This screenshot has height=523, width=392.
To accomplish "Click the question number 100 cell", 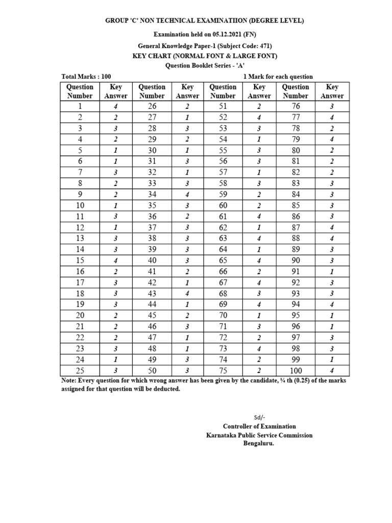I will click(296, 371).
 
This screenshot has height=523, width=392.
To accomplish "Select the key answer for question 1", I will click(115, 107).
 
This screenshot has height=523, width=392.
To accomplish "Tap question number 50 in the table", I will click(152, 371).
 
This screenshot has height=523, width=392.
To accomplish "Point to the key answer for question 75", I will click(259, 371).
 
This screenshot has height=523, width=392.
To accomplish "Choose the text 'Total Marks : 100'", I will click(86, 77).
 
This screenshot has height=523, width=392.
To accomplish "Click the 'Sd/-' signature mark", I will click(259, 417).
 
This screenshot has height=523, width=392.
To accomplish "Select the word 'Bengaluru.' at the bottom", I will click(259, 443).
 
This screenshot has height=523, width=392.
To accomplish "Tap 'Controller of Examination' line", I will click(259, 426).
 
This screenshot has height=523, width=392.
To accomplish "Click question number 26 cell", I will click(152, 107).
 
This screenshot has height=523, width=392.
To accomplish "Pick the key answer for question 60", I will click(259, 205).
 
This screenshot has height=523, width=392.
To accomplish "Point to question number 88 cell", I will click(296, 239).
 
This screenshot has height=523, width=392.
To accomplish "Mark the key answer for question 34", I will click(187, 195).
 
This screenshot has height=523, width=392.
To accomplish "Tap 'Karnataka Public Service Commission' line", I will click(259, 435).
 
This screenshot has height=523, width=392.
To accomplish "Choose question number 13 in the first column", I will click(80, 239).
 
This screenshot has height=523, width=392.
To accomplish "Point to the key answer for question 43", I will click(187, 294).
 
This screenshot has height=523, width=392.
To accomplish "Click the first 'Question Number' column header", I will click(80, 91).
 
